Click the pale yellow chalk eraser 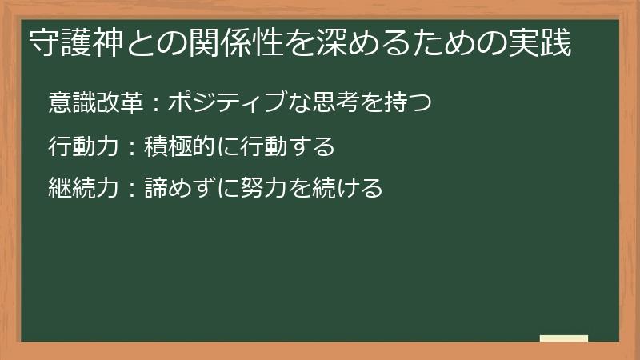point(563,338)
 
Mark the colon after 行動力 point(132,147)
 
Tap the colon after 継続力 point(132,190)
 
